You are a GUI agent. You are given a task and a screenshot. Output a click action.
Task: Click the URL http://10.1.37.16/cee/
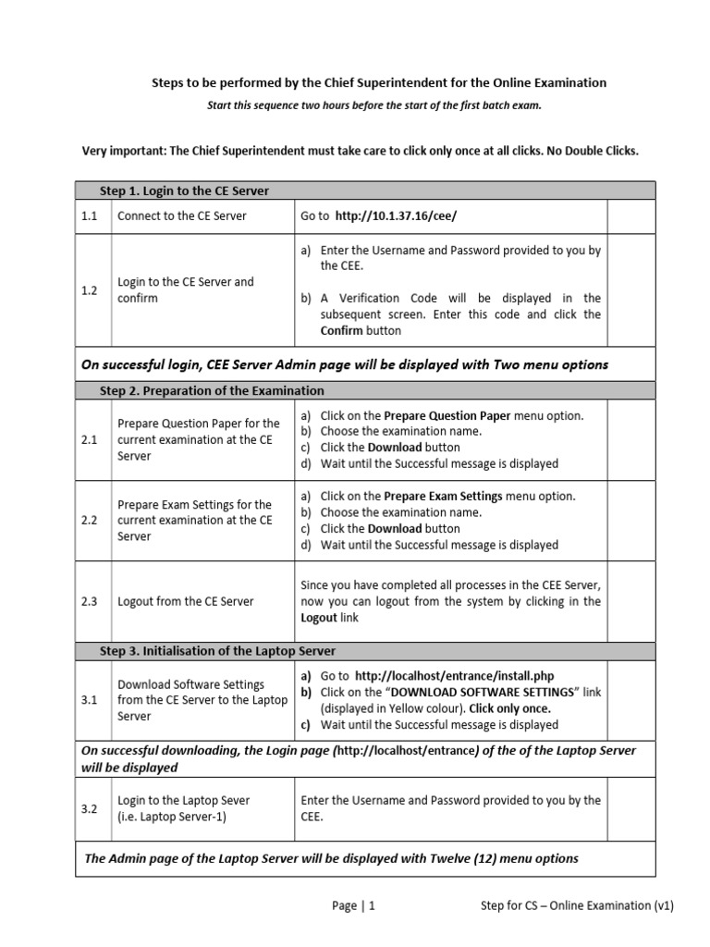396,215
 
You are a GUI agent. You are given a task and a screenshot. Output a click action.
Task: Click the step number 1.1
90,215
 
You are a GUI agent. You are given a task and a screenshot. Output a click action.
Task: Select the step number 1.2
90,289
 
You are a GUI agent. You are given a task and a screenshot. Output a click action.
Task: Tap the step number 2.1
90,439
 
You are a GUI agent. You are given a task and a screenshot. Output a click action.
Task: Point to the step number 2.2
90,520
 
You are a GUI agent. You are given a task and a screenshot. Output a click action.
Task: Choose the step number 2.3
90,601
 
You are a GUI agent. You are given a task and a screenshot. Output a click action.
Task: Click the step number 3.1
90,700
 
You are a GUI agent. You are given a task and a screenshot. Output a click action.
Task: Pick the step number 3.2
90,808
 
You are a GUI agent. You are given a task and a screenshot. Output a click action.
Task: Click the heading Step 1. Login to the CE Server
184,191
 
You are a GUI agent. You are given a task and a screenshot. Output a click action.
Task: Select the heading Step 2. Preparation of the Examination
212,390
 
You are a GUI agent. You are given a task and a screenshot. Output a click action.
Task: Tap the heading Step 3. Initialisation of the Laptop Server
217,651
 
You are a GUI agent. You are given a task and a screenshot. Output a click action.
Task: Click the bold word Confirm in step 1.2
342,330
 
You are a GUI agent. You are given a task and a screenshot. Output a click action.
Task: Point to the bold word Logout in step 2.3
320,617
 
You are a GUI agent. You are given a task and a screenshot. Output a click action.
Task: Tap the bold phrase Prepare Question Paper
447,415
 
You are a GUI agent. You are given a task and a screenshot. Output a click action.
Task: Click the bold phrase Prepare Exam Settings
443,496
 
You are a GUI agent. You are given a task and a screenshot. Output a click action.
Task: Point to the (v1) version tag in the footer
664,905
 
